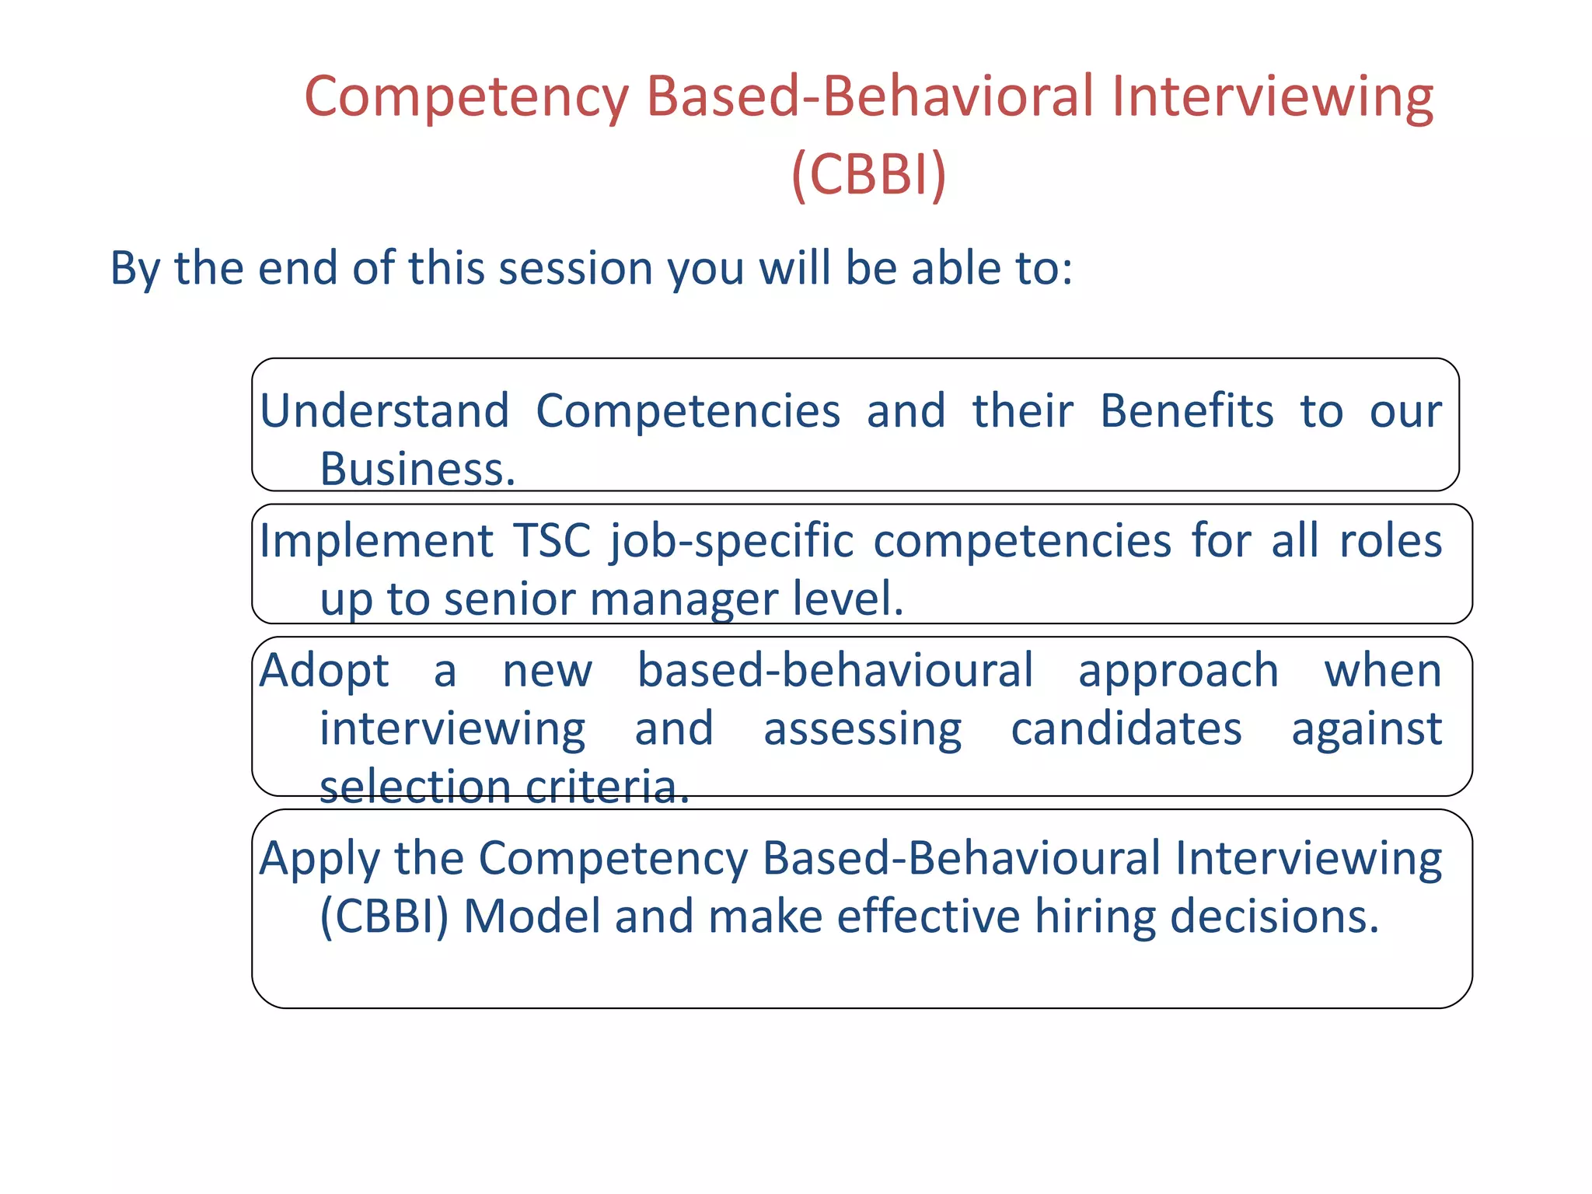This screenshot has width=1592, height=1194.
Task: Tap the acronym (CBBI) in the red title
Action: click(868, 174)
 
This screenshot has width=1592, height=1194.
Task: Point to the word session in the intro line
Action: click(575, 268)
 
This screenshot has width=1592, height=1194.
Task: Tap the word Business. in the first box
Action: click(417, 470)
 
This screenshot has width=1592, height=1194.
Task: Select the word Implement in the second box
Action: click(376, 541)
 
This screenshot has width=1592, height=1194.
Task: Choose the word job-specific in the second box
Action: click(731, 543)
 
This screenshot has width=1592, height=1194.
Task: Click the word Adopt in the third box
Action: click(323, 672)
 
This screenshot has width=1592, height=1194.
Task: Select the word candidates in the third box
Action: click(1126, 729)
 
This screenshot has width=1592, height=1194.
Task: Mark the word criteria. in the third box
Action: click(607, 787)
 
